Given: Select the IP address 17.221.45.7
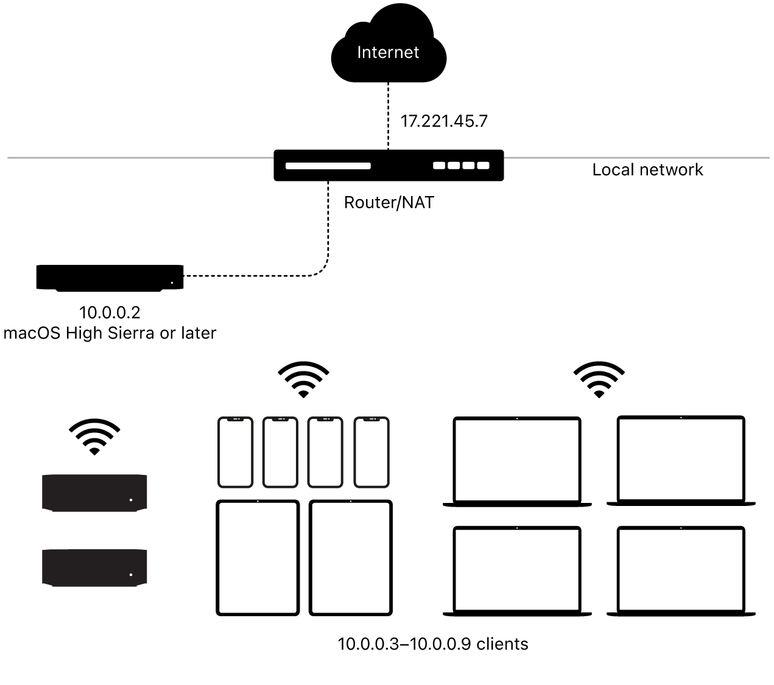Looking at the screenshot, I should [443, 121].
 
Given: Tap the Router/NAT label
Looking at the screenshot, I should [389, 203].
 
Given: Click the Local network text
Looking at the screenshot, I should [647, 170].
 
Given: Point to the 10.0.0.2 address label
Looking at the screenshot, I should [110, 313].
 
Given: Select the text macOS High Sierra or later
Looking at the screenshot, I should [110, 334].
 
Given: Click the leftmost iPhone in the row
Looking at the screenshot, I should [236, 452].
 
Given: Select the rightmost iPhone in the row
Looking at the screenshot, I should [371, 452].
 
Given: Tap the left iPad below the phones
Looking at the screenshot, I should [258, 558].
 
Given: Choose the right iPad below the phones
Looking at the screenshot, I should [351, 558].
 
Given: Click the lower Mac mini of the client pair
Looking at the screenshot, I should [94, 567].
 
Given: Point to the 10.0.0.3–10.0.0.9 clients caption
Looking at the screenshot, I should [433, 644].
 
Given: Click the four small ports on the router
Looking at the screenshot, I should [461, 165].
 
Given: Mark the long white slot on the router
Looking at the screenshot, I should [328, 166].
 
